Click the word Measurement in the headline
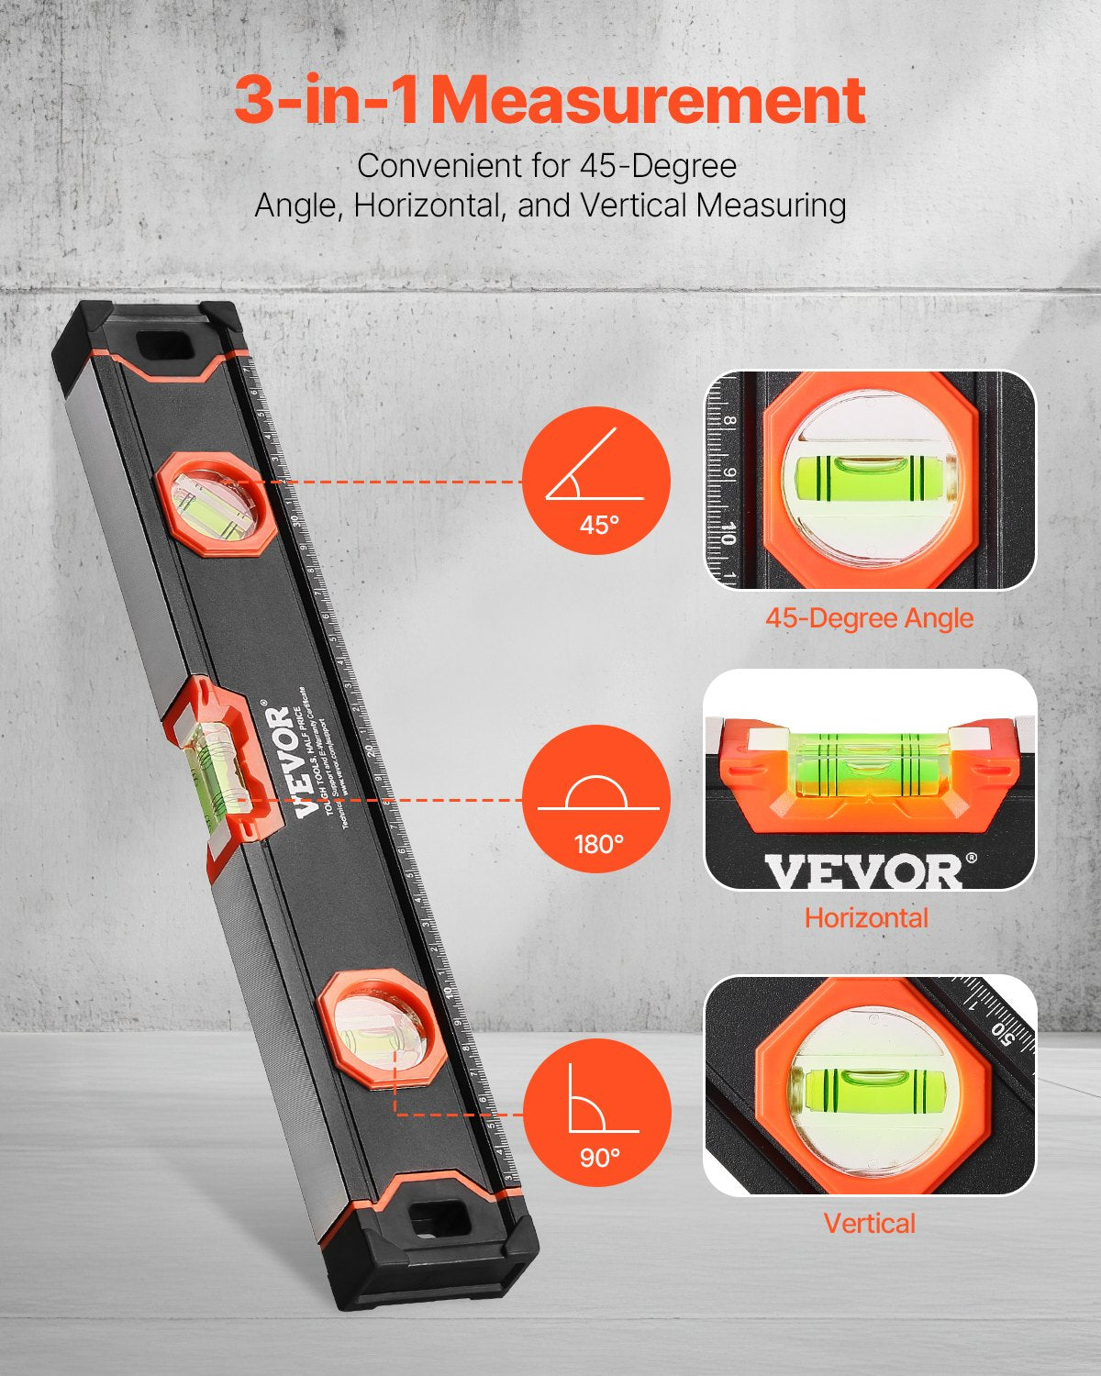648,101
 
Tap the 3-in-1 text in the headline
326,101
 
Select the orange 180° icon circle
596,798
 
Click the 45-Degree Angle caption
869,618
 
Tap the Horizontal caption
866,917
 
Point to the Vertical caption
869,1223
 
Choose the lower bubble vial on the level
377,1031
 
